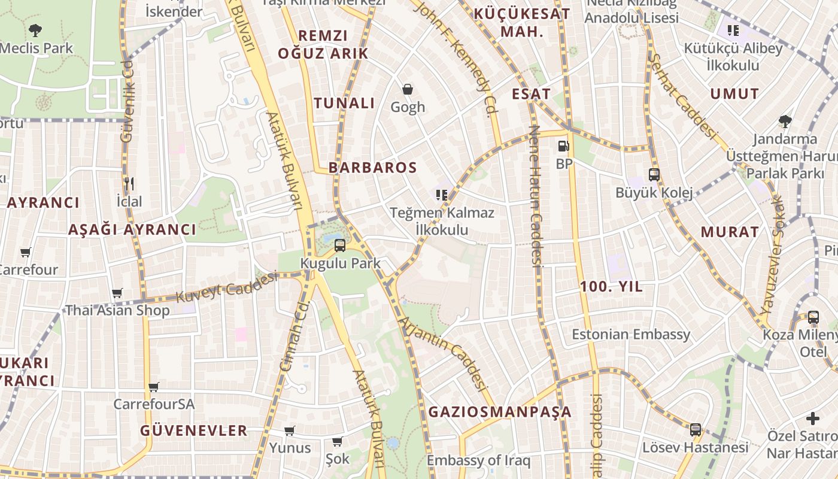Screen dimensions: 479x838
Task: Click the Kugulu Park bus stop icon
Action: (339, 245)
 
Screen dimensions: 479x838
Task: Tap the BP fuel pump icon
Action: (563, 145)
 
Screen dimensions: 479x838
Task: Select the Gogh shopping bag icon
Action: (408, 90)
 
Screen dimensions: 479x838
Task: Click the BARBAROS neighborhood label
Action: (372, 168)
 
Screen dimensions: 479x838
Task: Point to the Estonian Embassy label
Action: (631, 334)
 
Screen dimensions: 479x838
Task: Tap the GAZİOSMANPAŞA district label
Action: (500, 412)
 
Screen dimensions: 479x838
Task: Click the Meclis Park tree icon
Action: (35, 30)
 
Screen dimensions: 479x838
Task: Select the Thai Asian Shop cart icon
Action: (117, 293)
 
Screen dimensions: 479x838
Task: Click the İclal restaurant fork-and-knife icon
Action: (129, 183)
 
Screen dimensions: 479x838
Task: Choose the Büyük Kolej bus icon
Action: (654, 175)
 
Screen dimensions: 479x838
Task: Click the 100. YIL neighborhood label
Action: (611, 287)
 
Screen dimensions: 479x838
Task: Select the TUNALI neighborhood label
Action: (344, 103)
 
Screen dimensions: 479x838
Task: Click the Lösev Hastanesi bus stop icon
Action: (695, 429)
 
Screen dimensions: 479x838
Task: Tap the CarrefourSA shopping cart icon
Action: (154, 387)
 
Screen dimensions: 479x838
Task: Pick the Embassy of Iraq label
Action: (478, 460)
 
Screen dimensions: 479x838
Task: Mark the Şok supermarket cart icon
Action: (337, 442)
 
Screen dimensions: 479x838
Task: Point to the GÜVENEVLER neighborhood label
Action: (193, 431)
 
